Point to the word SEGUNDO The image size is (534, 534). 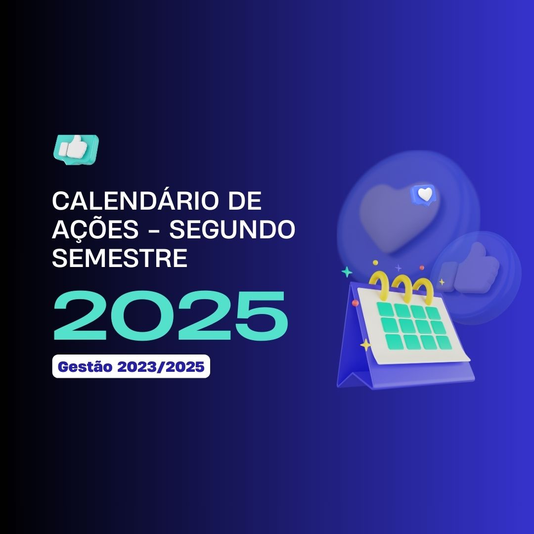[232, 229]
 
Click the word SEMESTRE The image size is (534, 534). [120, 258]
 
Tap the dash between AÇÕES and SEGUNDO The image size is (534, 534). [154, 230]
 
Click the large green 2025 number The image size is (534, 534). [171, 315]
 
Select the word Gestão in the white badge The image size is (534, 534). [85, 367]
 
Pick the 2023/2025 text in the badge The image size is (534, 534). [161, 367]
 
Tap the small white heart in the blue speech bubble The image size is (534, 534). [425, 194]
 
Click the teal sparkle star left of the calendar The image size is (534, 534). [347, 272]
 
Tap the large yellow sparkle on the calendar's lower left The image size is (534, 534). [365, 345]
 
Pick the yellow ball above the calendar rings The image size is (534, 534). [375, 263]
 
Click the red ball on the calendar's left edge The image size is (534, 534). [355, 303]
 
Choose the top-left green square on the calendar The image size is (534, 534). [385, 309]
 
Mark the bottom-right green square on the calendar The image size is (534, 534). [444, 342]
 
